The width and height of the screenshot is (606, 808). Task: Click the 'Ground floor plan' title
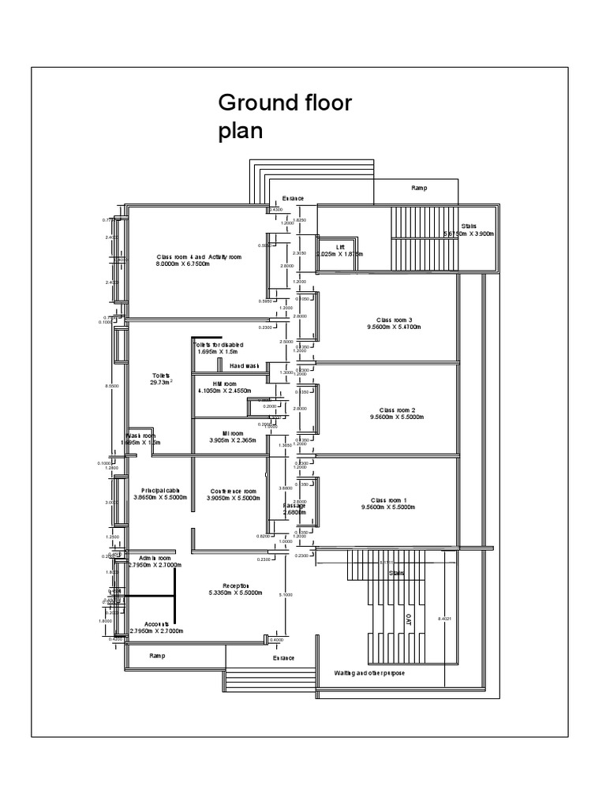pyautogui.click(x=285, y=117)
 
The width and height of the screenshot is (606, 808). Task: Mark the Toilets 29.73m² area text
pyautogui.click(x=162, y=380)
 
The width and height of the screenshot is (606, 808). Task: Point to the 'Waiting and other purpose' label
pyautogui.click(x=369, y=673)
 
